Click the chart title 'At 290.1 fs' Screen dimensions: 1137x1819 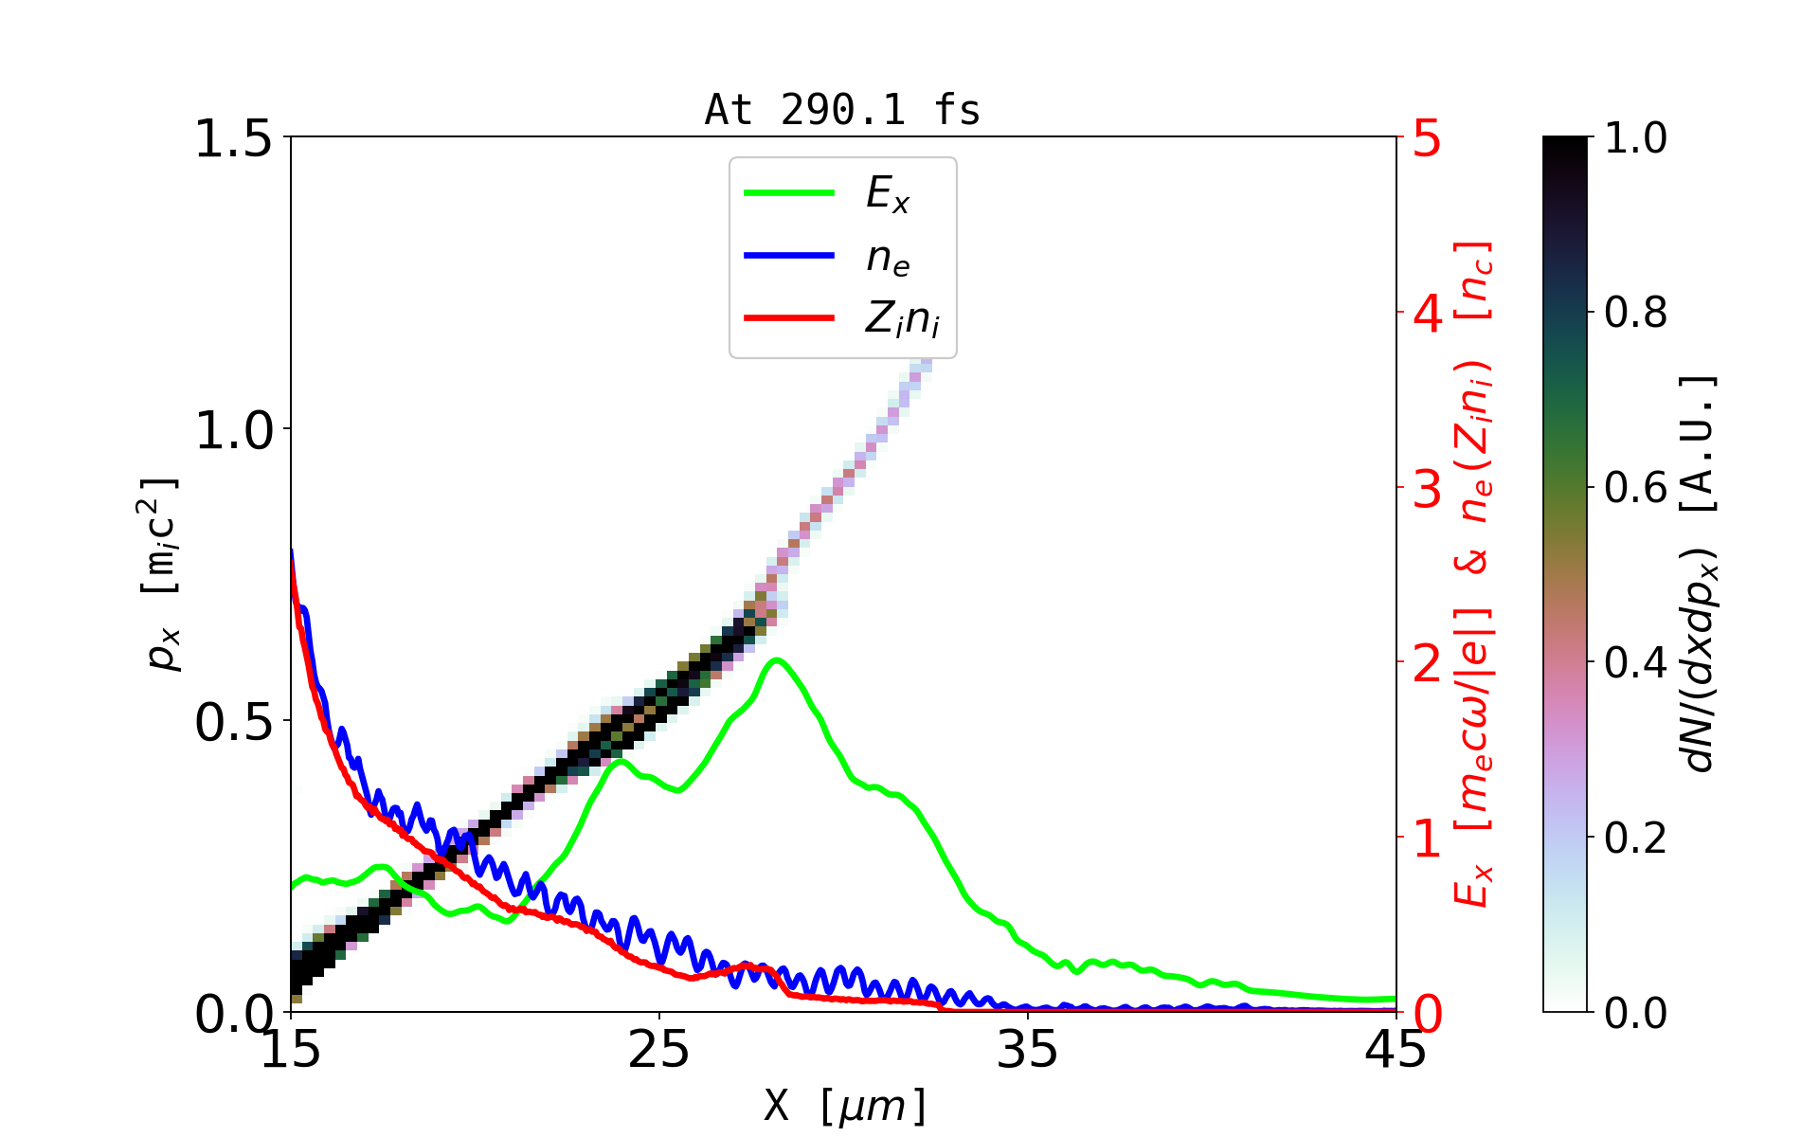point(842,110)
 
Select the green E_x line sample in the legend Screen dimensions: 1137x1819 point(789,193)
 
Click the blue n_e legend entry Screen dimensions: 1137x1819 point(887,257)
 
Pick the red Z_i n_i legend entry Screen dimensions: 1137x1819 point(901,319)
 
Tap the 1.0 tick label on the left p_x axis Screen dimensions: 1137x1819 point(233,430)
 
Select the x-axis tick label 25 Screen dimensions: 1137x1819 point(659,1050)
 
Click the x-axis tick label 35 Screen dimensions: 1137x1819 point(1028,1050)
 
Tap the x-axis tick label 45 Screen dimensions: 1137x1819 point(1396,1050)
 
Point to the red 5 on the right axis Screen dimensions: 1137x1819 point(1427,139)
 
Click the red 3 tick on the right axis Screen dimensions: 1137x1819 point(1427,489)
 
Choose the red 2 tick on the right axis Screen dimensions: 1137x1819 point(1427,664)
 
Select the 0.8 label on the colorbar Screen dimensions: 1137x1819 point(1635,313)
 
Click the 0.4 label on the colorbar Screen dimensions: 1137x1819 point(1635,663)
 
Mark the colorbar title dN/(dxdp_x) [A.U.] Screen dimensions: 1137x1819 point(1700,573)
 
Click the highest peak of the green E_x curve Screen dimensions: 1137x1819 point(777,659)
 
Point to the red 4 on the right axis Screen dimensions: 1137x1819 point(1427,314)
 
